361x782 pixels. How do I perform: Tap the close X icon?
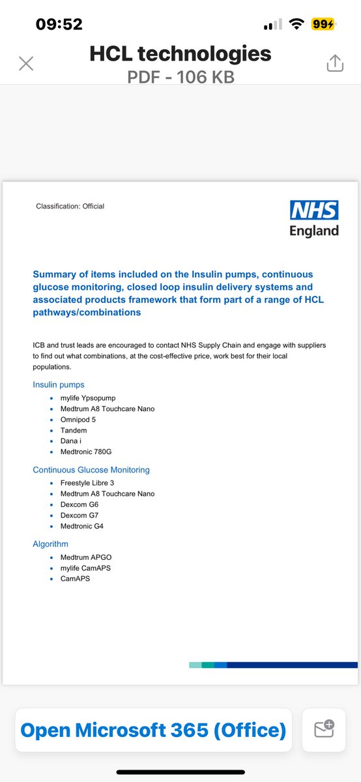click(x=26, y=63)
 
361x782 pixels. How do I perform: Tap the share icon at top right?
click(x=334, y=63)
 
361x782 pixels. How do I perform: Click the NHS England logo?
click(x=314, y=218)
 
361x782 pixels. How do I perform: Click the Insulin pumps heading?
click(x=59, y=384)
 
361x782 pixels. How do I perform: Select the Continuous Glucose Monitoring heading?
click(x=91, y=470)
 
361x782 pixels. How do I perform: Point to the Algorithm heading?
click(x=50, y=544)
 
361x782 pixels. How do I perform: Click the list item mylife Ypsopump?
click(x=89, y=398)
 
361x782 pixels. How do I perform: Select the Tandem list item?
click(x=74, y=431)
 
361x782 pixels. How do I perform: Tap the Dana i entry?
click(x=71, y=441)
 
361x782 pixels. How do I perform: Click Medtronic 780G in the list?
click(x=90, y=452)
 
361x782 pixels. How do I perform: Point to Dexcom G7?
click(x=79, y=515)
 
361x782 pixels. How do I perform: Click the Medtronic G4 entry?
click(x=82, y=526)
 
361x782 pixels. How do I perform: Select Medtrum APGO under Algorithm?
click(x=86, y=557)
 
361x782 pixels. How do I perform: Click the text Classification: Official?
click(x=70, y=207)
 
